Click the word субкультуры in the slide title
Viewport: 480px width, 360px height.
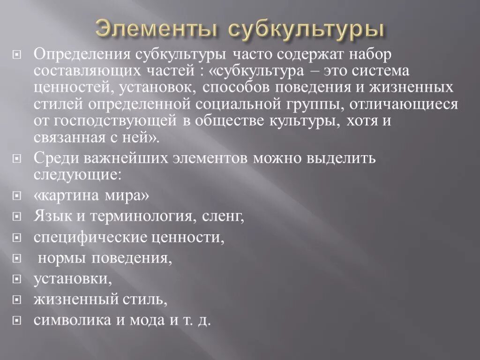(x=307, y=29)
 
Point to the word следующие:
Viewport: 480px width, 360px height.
(x=78, y=174)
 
